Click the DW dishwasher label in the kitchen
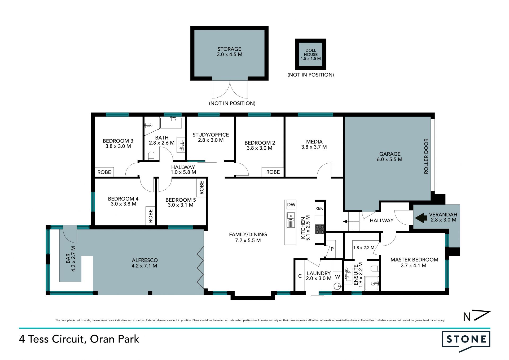click(x=291, y=205)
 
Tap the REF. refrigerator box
click(x=319, y=208)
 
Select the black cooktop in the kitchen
click(x=319, y=229)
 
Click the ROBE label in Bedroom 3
click(x=104, y=172)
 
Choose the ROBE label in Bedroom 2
click(x=273, y=172)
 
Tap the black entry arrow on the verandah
click(x=421, y=218)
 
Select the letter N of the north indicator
click(x=467, y=317)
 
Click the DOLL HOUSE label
click(x=311, y=52)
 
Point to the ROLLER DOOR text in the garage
click(x=426, y=156)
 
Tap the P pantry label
click(x=332, y=249)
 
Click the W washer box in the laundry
click(x=337, y=277)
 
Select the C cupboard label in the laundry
click(x=300, y=276)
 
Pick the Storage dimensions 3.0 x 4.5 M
click(x=230, y=54)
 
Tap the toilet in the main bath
click(x=151, y=156)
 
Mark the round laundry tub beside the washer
click(x=337, y=287)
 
